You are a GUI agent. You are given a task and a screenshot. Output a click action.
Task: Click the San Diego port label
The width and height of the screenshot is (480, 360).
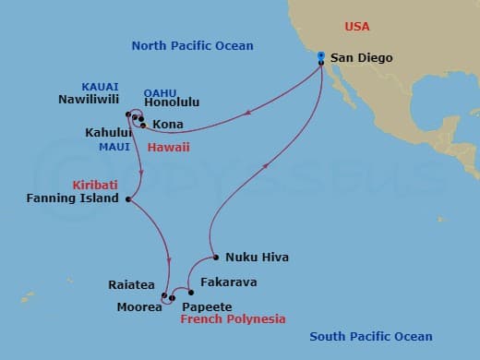point(362,58)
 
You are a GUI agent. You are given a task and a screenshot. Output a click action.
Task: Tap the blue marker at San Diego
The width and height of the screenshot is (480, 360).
point(321,56)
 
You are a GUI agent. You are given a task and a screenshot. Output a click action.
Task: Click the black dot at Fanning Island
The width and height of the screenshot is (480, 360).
point(127,198)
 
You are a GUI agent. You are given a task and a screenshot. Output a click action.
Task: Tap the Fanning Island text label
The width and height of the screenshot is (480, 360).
point(74,198)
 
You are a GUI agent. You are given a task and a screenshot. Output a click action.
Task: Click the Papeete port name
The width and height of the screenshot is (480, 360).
point(207,306)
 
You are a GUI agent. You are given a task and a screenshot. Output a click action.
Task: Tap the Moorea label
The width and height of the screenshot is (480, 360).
point(139,307)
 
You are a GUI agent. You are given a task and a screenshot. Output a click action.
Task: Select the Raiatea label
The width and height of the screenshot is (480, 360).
point(131,286)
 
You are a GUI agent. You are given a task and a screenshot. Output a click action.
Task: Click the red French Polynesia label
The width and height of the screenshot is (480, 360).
point(233,319)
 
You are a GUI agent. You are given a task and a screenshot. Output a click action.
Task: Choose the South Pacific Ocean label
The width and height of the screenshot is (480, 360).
point(370,337)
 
